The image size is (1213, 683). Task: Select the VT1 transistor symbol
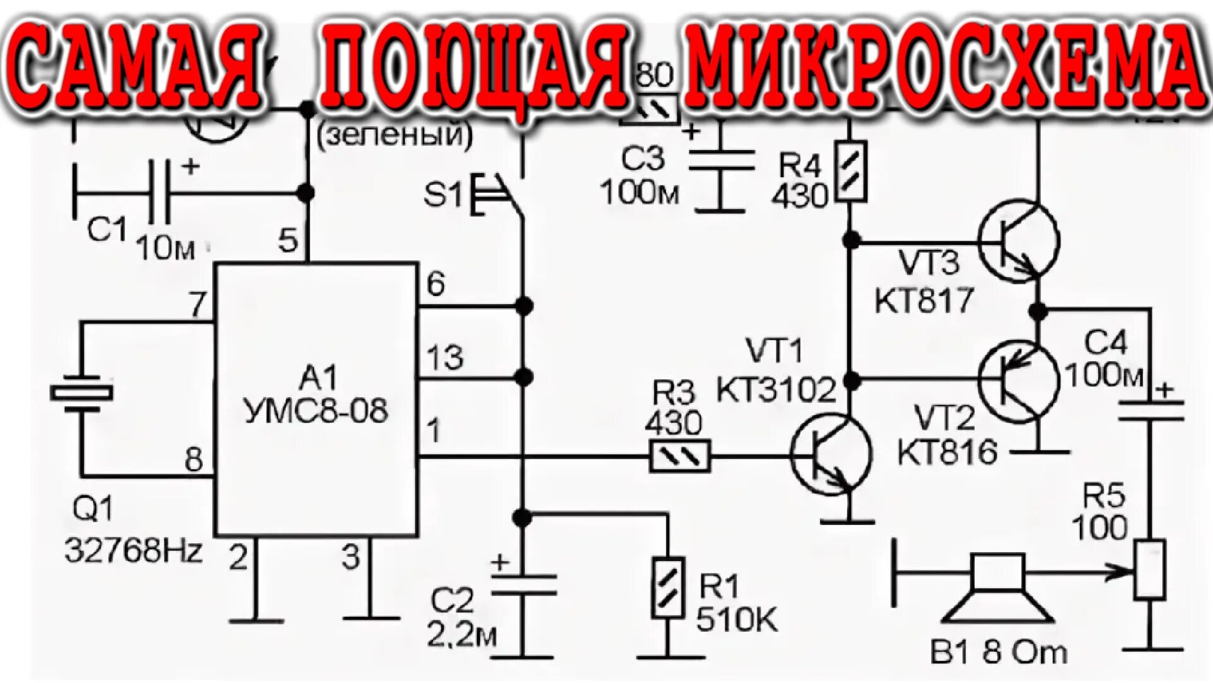coord(831,454)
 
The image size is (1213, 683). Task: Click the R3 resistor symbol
coord(680,455)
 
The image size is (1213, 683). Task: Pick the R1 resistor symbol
coord(668,588)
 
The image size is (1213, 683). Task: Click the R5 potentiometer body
coord(1149,569)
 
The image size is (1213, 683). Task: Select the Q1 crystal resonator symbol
coord(81,393)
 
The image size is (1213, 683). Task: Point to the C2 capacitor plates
coord(523,585)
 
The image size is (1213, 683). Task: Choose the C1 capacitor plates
coord(159,192)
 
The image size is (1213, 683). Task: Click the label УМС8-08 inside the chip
coord(316,411)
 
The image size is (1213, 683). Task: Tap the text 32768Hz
coord(133,551)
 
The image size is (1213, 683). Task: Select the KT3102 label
coord(776,390)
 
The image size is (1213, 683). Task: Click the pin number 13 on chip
coord(445,358)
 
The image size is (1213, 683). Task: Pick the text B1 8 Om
coord(998,653)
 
